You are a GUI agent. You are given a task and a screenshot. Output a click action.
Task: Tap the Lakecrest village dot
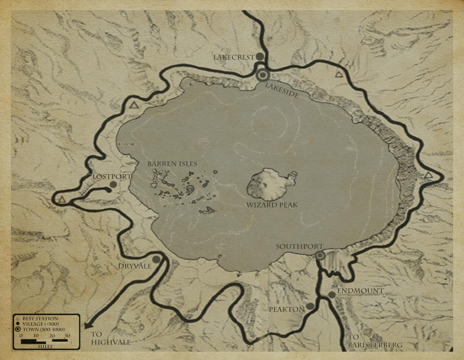click(x=260, y=57)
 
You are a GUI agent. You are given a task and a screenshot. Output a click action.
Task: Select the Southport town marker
click(x=320, y=256)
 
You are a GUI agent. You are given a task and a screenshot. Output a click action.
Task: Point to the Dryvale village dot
click(x=156, y=259)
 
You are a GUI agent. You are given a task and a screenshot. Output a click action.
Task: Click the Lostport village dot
click(x=113, y=184)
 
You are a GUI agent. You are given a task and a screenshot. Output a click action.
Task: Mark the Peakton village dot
click(x=310, y=306)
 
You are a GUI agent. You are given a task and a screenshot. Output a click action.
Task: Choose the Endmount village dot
click(x=332, y=295)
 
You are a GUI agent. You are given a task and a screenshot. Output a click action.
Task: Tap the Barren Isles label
click(x=172, y=164)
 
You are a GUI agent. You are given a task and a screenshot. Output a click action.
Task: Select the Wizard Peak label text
click(x=272, y=205)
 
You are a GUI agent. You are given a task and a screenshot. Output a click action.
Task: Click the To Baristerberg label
click(x=375, y=341)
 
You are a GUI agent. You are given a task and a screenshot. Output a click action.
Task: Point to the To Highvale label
click(x=110, y=338)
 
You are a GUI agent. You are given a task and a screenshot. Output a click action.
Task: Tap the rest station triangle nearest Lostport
click(x=62, y=200)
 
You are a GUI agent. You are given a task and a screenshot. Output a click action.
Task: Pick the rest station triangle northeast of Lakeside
click(x=339, y=74)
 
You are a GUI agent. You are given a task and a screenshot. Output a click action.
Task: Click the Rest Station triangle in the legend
click(x=18, y=318)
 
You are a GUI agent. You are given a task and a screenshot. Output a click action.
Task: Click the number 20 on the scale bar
click(x=52, y=336)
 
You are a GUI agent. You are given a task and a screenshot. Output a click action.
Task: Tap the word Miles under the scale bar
click(x=45, y=346)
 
